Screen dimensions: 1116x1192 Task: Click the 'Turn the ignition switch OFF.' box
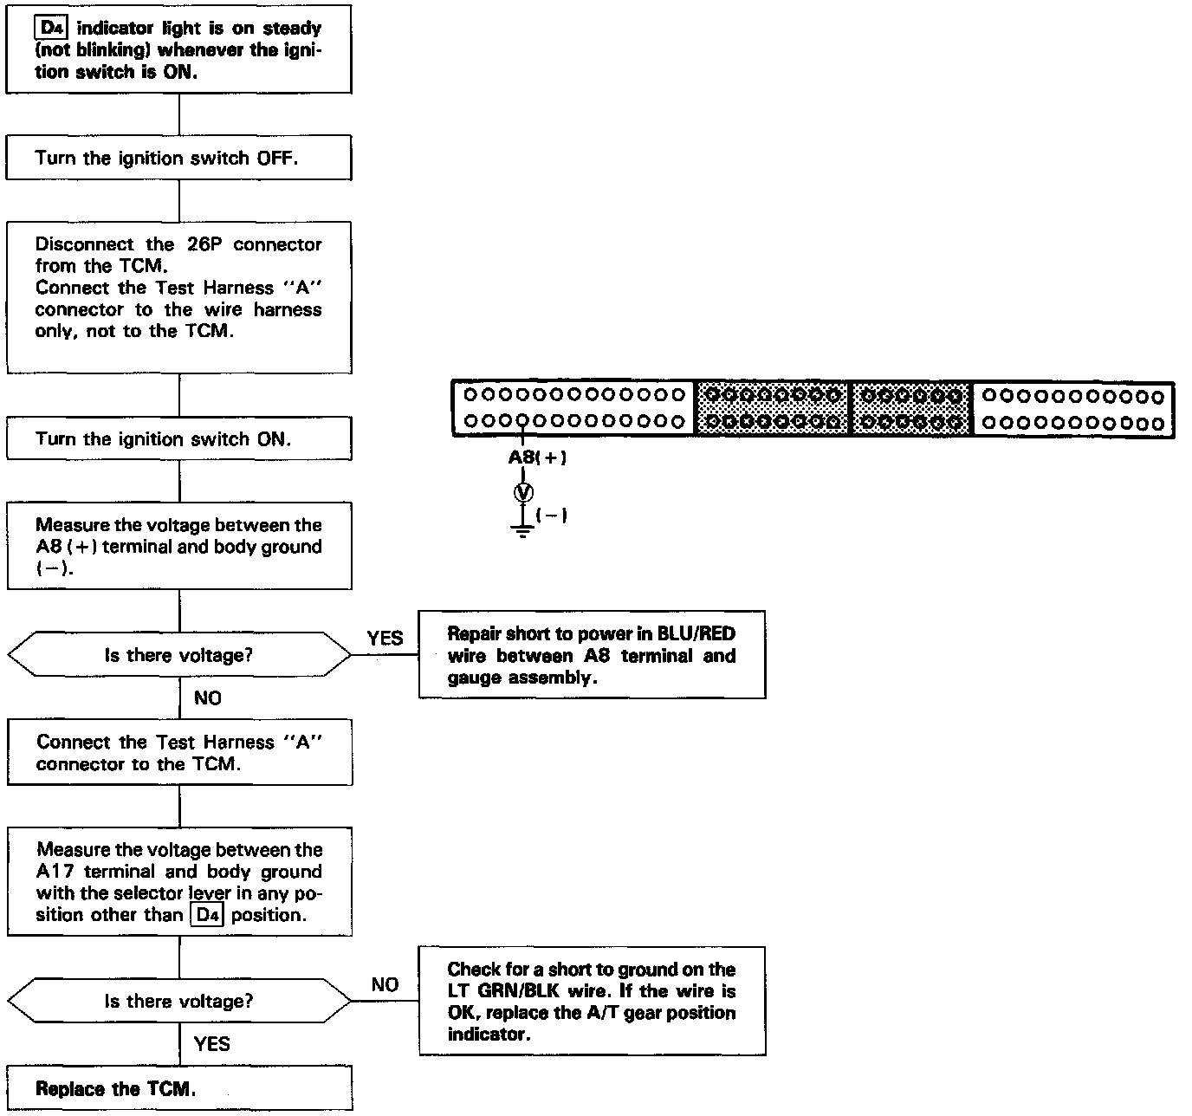(178, 158)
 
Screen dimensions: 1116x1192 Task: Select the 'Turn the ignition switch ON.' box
(178, 438)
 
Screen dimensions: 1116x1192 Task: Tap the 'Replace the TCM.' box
(178, 1089)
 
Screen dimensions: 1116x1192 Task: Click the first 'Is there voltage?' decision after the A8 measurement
(178, 655)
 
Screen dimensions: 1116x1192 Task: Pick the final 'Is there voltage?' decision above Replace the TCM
(178, 1001)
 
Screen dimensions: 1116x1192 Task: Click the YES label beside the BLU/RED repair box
(385, 639)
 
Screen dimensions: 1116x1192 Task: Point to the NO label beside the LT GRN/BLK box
(385, 984)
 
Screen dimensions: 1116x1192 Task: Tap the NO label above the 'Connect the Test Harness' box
(208, 698)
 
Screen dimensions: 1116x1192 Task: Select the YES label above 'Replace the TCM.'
(211, 1043)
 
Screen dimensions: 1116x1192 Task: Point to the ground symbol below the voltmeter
(522, 529)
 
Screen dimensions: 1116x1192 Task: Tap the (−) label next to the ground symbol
(552, 516)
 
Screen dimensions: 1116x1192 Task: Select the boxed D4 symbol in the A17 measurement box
(206, 915)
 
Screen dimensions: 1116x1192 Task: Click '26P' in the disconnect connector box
(204, 244)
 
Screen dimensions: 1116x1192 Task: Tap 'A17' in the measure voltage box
(55, 872)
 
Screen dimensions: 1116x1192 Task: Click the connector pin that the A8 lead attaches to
(523, 423)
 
